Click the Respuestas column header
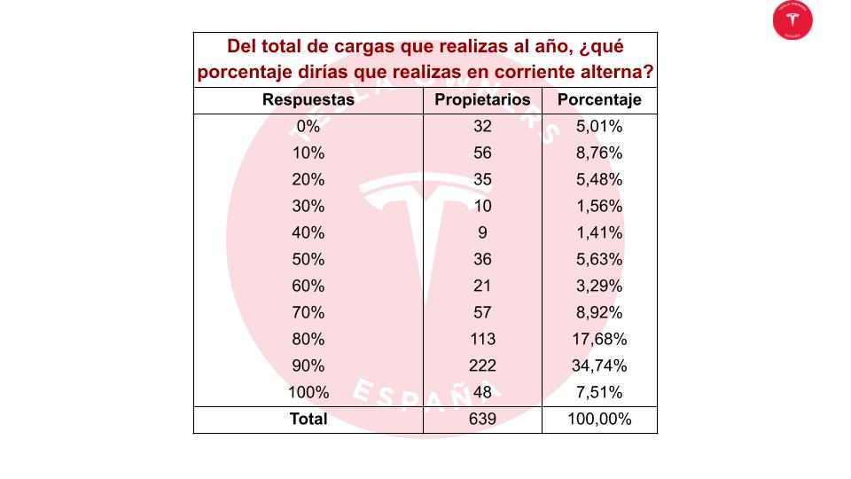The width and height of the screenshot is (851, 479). [308, 100]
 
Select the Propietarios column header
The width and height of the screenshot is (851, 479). [482, 100]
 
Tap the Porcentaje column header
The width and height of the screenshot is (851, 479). [599, 100]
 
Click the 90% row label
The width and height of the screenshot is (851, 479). [308, 365]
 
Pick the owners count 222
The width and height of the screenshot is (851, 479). [482, 365]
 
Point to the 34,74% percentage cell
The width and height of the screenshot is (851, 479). [599, 365]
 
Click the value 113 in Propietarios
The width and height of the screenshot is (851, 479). [482, 339]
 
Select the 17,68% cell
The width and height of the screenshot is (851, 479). [599, 339]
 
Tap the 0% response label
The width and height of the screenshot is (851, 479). [308, 126]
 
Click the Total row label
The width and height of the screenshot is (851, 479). [308, 419]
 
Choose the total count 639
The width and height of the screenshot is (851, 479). [482, 419]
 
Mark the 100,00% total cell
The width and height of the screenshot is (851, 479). [599, 419]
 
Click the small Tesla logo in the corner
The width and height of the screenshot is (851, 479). [792, 20]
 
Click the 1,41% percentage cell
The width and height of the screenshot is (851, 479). [599, 232]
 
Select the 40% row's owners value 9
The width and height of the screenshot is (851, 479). [482, 232]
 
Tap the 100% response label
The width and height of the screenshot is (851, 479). [308, 392]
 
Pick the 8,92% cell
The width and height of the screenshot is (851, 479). [599, 312]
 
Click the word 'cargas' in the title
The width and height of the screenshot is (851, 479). [364, 47]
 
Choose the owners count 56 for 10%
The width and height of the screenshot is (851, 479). [482, 153]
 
